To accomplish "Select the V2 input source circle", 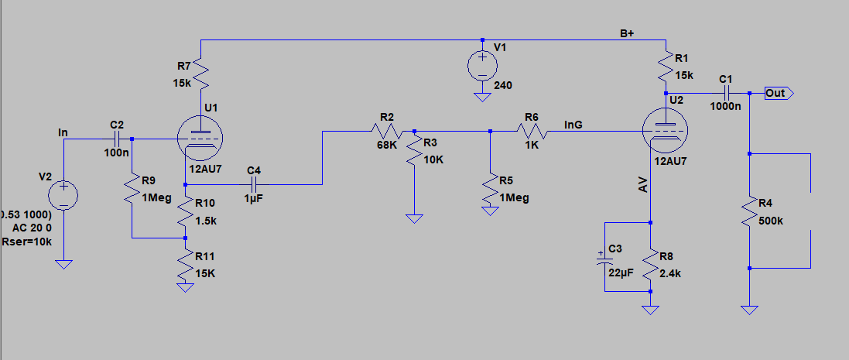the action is point(63,196).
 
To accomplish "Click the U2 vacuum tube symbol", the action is point(665,131).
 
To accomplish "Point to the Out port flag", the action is point(779,93).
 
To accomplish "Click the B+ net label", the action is point(627,33).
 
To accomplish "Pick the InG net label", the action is point(573,125).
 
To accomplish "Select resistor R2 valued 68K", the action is point(386,131).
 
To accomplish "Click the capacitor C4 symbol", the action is point(254,184).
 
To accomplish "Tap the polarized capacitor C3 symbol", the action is point(604,258).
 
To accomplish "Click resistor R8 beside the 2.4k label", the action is point(650,265).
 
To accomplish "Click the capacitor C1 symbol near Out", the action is point(726,93).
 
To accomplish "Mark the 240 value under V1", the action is point(502,85).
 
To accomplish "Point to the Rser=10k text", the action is point(27,242).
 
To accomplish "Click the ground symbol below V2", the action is point(63,265).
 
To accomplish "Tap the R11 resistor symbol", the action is point(185,265).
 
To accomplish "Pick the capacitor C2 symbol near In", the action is point(117,139).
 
